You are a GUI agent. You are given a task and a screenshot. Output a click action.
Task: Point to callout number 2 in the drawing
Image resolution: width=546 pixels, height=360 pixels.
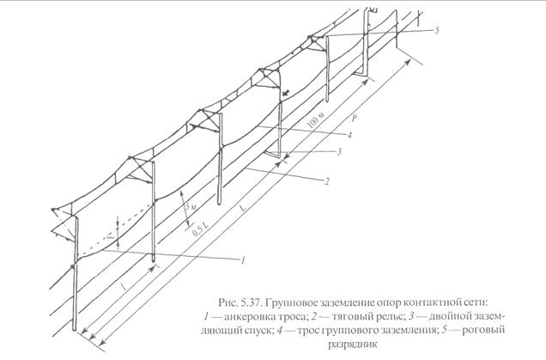(x=327, y=181)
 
